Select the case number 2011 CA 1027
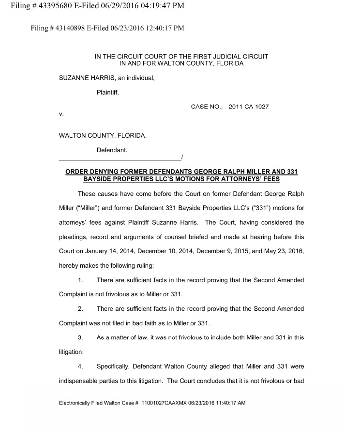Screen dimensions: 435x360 point(248,107)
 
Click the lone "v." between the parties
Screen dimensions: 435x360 point(61,115)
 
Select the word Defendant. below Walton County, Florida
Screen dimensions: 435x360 point(112,150)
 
